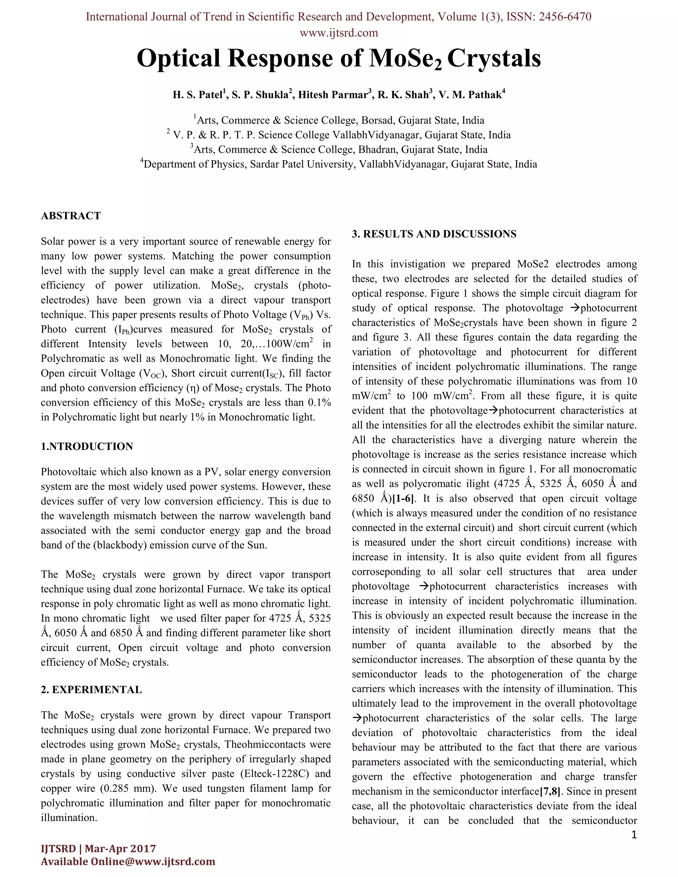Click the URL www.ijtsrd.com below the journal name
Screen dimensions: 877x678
tap(339, 32)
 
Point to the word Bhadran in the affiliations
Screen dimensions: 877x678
tap(378, 150)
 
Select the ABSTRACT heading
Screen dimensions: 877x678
tap(71, 216)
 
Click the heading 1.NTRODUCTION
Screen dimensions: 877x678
tap(87, 446)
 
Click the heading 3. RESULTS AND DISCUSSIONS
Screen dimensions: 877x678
tap(434, 234)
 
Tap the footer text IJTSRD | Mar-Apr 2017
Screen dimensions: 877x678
tap(98, 849)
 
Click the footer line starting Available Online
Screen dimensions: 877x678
tap(128, 862)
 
